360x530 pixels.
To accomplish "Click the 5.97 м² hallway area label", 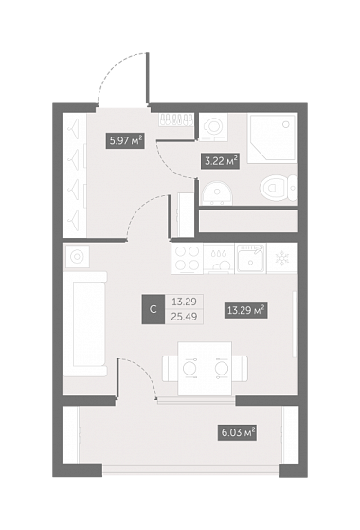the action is tap(126, 141).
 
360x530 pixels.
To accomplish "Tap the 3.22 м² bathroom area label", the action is tap(221, 161).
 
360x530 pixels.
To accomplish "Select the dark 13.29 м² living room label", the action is tap(246, 310).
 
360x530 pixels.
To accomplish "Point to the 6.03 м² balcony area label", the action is tap(237, 432).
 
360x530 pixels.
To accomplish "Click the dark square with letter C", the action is tap(153, 309).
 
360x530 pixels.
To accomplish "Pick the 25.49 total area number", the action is tap(185, 317).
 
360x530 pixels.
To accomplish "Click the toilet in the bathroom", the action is tap(279, 189).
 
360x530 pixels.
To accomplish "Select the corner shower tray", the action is tap(272, 139).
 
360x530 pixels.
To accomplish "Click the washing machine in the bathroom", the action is tap(213, 127).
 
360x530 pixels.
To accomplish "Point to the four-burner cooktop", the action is tap(188, 259).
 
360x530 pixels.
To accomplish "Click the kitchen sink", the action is tap(251, 259).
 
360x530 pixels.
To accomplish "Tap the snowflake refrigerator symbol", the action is tap(281, 259).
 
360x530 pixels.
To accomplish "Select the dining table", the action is tap(205, 369).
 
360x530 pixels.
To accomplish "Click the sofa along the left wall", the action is tap(86, 324).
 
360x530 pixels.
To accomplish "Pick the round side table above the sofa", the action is tap(78, 257).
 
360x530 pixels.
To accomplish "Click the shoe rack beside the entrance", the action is tap(176, 119).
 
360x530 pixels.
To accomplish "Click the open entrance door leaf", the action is tap(147, 79).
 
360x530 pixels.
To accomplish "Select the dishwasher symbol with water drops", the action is tap(219, 259).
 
